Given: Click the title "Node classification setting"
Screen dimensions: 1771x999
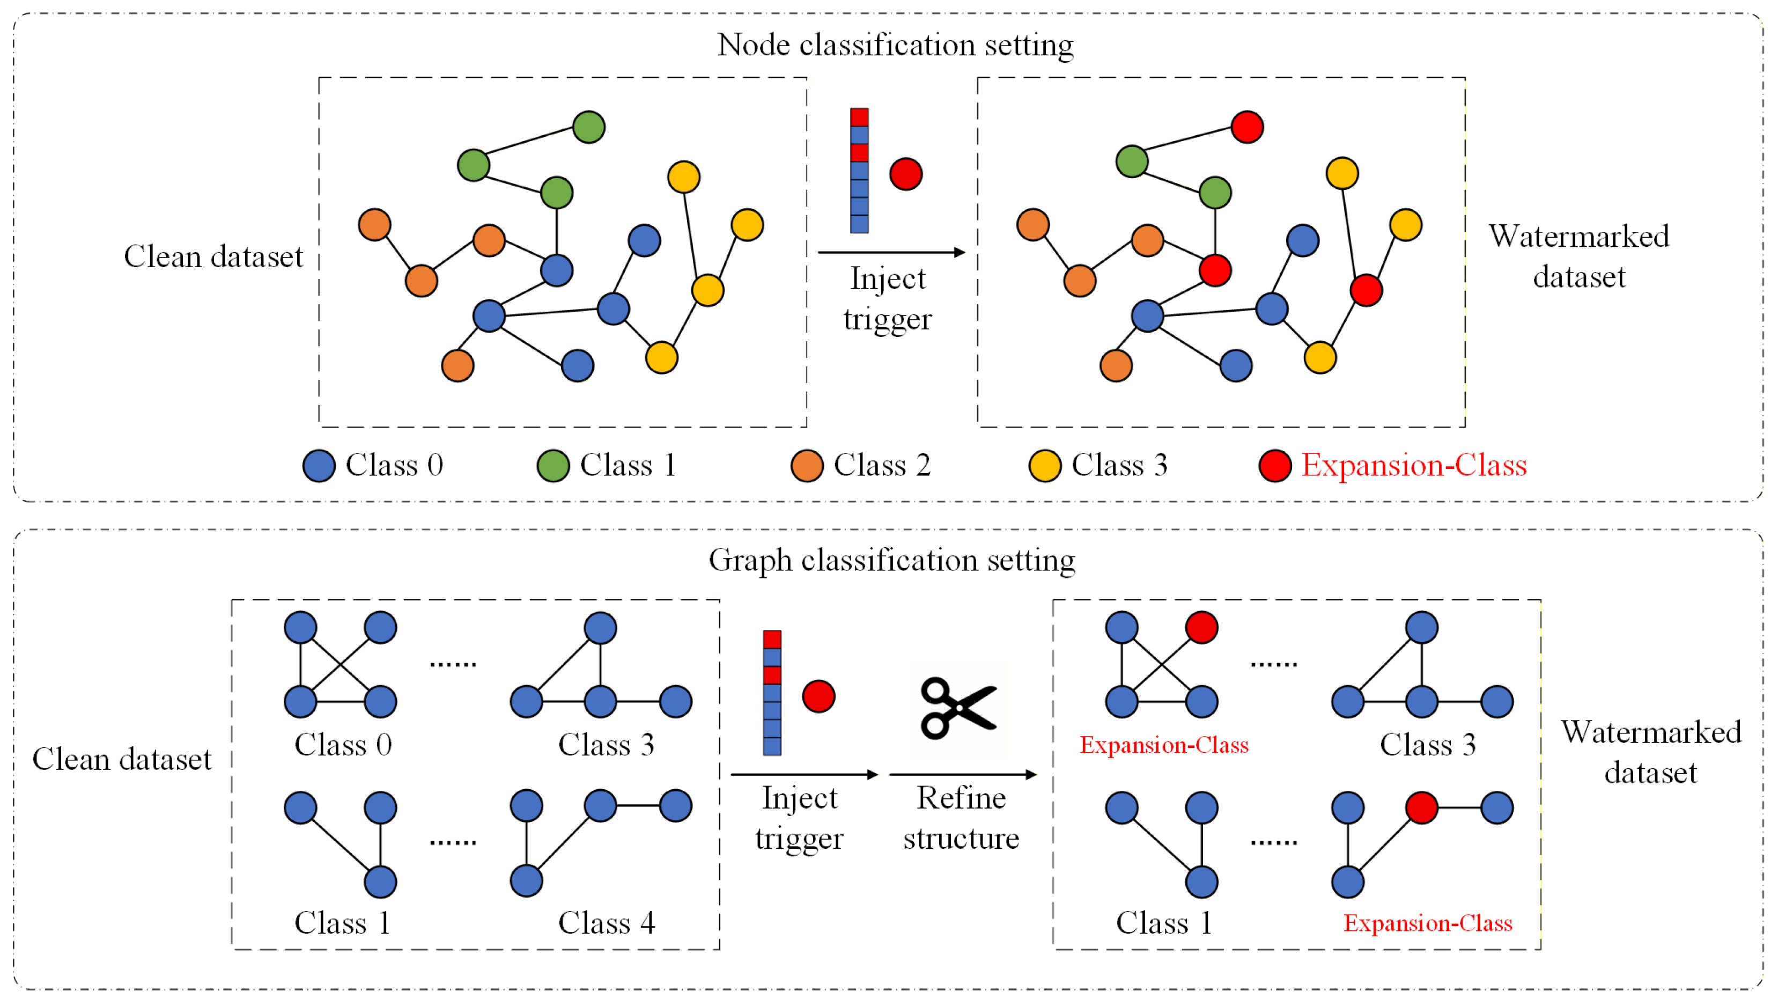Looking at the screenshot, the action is coord(895,46).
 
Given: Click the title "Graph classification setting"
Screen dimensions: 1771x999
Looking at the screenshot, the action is coord(892,560).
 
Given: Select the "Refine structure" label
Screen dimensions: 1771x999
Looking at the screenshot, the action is coord(961,818).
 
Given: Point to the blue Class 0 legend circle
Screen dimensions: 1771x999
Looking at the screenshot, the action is coord(319,466).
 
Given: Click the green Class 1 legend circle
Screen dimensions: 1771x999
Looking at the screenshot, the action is coord(554,466).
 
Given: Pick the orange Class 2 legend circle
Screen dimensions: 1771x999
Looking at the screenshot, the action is coord(807,466).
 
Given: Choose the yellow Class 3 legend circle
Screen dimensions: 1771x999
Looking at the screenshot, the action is coord(1045,466).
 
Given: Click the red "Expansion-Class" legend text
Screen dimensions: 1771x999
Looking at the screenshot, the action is coord(1414,466).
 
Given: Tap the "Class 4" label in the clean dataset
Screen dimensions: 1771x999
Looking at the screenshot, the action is coord(607,923).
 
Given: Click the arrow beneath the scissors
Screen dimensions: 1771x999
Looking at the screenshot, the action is coord(963,775).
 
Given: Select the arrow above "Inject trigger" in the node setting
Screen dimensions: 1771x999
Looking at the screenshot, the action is coord(892,252).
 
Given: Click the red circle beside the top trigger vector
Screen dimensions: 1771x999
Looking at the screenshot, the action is coord(906,174).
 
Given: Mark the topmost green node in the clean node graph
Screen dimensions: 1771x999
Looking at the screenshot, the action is coord(589,127).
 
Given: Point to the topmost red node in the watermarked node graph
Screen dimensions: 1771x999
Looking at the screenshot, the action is coord(1247,127).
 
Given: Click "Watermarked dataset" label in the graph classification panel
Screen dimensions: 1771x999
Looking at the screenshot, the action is coord(1651,752).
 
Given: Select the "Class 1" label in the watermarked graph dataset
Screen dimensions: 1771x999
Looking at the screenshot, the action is coord(1164,923).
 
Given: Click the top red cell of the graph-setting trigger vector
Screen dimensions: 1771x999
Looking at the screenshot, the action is coord(772,640).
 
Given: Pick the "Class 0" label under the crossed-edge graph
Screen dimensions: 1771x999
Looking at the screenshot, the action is coord(343,745).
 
